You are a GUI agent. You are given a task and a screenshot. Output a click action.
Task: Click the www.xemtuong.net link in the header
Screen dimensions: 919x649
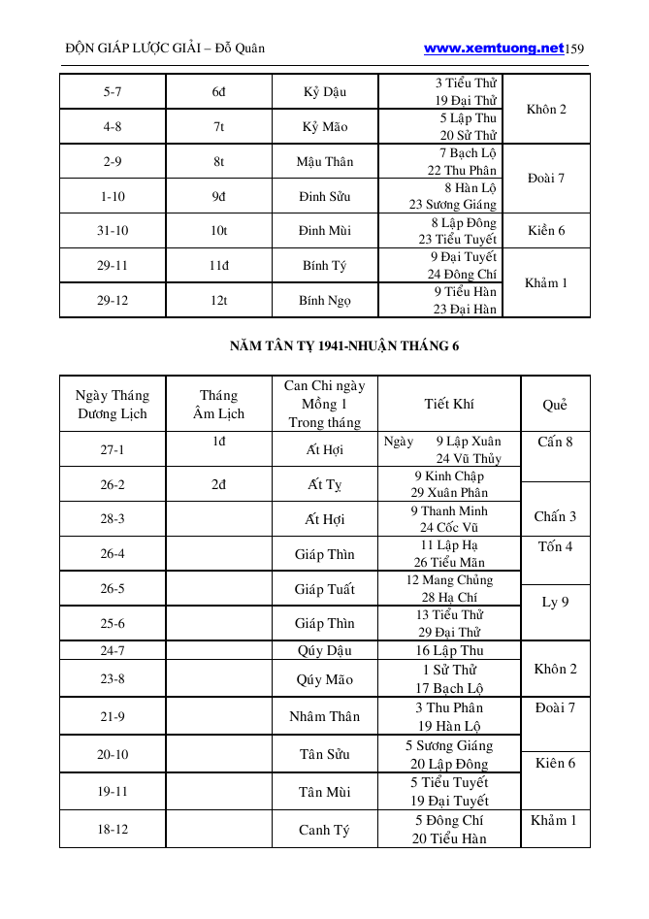[x=494, y=48]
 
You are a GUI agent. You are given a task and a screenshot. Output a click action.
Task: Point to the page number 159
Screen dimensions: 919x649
[x=574, y=49]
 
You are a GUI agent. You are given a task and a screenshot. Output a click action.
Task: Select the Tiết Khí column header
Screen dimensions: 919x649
[x=449, y=404]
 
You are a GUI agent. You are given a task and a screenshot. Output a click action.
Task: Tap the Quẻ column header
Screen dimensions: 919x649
[x=555, y=405]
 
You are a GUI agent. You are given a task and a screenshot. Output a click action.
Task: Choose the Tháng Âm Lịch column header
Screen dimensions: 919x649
[x=218, y=404]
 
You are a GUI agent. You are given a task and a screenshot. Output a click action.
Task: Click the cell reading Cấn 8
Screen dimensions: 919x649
[x=555, y=443]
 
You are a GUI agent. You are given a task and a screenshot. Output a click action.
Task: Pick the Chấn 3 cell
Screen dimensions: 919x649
[x=555, y=516]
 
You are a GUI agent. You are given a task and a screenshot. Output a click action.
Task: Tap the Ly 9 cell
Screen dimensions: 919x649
[x=555, y=602]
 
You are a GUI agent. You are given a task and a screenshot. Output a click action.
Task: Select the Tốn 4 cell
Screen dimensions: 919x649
[x=555, y=547]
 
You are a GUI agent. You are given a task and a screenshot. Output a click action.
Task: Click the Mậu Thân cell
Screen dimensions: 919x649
[x=325, y=162]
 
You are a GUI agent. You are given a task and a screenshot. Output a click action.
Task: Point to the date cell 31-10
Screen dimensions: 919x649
[x=113, y=231]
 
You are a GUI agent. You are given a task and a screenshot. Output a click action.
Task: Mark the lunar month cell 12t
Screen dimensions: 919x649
[x=218, y=301]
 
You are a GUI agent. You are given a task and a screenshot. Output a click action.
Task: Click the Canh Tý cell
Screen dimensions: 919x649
[x=325, y=830]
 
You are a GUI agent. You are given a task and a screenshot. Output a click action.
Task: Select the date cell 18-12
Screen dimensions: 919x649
[x=113, y=830]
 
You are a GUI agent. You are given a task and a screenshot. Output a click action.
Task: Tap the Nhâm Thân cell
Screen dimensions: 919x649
[x=325, y=716]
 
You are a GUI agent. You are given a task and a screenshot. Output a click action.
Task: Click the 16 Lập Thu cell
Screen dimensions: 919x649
[x=449, y=650]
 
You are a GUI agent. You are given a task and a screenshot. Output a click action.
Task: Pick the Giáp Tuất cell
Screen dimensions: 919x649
[x=325, y=589]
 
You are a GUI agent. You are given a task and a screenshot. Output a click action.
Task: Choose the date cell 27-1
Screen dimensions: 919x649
[x=113, y=450]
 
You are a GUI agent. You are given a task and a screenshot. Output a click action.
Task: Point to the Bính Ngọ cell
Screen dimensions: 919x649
[x=325, y=301]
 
